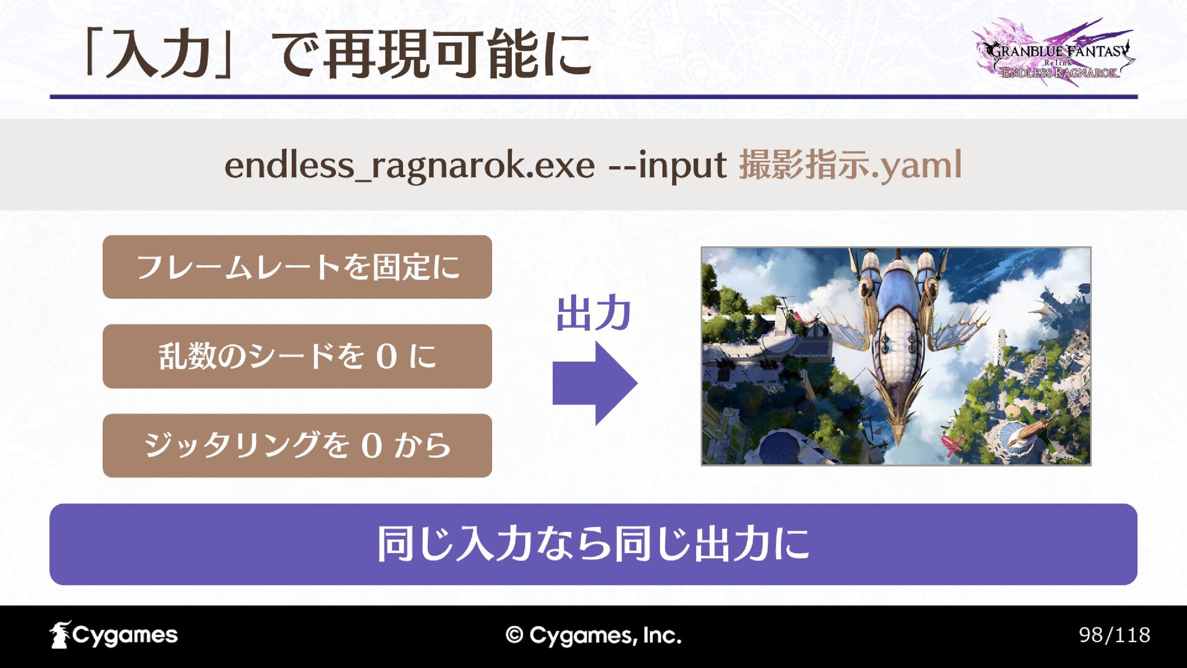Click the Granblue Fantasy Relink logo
1055,53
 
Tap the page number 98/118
1114,635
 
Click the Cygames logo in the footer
114,635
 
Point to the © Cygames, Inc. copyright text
593,635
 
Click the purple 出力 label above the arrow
593,314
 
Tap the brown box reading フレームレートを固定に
297,267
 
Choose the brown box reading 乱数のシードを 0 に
297,356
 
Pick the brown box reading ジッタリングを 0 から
297,445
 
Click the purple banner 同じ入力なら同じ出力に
593,544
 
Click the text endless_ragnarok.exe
409,166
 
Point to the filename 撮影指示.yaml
851,166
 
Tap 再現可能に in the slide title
457,54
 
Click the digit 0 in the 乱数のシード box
386,357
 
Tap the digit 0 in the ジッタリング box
372,446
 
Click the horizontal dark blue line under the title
593,96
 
